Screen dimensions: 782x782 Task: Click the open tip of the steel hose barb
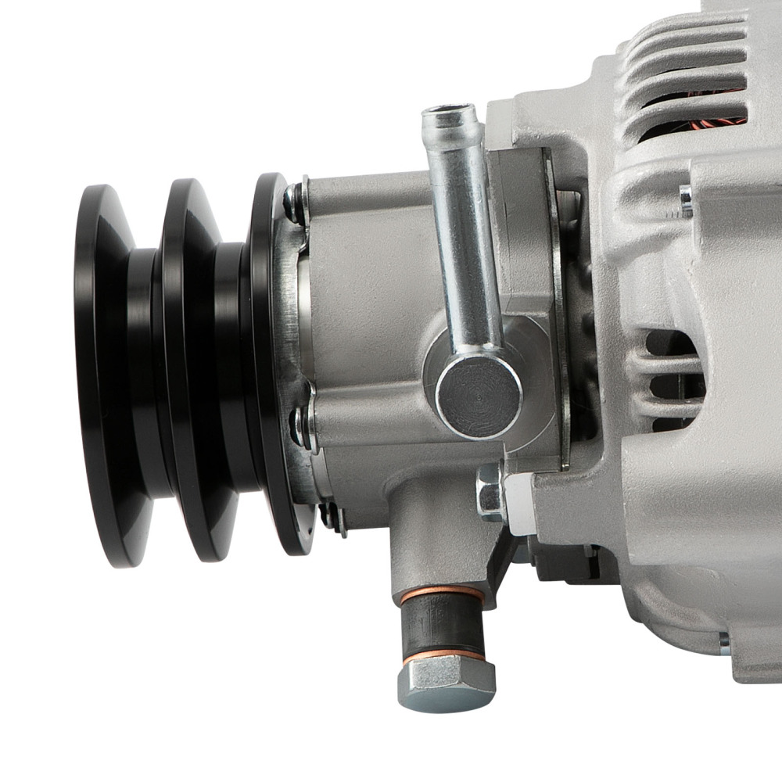pos(450,113)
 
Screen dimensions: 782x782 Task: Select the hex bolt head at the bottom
pos(447,682)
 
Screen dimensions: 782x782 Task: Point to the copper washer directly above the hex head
pos(443,652)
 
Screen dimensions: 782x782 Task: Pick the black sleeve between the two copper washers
pos(443,623)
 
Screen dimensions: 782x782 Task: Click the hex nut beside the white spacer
pos(490,492)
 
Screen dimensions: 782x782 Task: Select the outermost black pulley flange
pos(102,375)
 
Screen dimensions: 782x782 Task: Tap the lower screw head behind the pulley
pos(300,427)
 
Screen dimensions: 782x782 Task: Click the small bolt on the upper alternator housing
pos(686,202)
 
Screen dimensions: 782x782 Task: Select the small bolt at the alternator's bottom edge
pos(723,643)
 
